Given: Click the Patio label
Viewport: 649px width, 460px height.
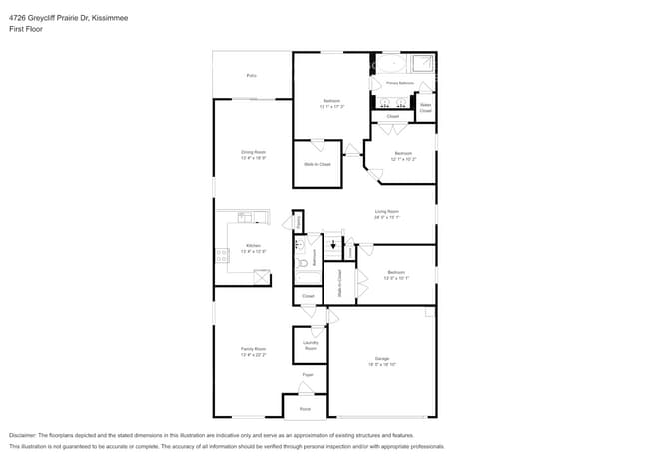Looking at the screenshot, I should [x=252, y=75].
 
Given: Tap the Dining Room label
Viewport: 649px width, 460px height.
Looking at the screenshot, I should [x=253, y=152].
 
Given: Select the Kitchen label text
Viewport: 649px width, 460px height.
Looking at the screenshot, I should [x=253, y=246].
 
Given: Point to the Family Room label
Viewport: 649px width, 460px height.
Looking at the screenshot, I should [x=253, y=349].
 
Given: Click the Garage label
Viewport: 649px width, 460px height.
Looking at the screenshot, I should [x=382, y=358].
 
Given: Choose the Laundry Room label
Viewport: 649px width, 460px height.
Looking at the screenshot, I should [x=310, y=346].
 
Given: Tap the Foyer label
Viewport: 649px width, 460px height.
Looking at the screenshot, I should [x=308, y=375].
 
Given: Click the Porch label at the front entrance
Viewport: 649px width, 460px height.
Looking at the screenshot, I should [x=305, y=408].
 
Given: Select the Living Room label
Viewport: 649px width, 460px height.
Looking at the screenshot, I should [x=387, y=211].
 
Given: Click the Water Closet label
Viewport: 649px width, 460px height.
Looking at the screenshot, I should [x=425, y=107].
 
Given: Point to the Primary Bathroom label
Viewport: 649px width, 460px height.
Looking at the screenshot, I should [x=400, y=83].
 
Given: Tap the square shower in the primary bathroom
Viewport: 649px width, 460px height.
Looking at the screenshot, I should [x=424, y=63].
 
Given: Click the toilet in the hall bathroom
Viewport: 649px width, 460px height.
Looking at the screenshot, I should [x=300, y=244].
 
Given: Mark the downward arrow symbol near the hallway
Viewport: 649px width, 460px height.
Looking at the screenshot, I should [x=332, y=243].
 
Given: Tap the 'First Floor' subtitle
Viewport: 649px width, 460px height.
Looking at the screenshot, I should [x=27, y=29].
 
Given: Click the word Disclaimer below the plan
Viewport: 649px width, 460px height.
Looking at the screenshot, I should [x=25, y=436].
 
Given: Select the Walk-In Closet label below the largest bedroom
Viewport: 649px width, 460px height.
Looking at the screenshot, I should [x=318, y=164].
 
